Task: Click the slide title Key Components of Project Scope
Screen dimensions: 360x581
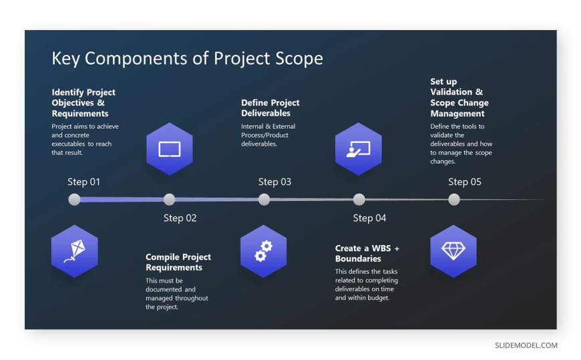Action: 187,58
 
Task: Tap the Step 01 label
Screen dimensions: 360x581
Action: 84,182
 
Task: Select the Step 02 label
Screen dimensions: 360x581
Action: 180,218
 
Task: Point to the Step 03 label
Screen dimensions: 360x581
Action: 274,182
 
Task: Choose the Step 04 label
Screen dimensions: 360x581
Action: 369,218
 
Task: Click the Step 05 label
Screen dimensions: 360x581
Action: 464,182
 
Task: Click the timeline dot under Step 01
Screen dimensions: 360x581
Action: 75,199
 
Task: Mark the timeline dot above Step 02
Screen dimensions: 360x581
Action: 170,199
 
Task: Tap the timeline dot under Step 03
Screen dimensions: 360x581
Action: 264,199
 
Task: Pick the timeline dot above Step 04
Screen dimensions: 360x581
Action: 359,199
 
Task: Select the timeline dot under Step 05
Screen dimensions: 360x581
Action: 454,199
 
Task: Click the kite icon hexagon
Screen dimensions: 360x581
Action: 75,251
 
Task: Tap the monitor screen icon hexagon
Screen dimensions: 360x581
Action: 170,149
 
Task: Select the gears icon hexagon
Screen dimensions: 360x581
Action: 264,251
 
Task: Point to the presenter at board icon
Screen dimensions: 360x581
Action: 359,149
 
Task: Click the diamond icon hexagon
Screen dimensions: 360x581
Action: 453,251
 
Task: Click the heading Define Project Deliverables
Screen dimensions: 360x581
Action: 270,108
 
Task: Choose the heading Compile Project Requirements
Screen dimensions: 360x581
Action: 178,262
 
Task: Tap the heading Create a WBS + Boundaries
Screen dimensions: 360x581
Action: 367,253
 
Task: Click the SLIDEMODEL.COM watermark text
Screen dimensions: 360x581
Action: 526,345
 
